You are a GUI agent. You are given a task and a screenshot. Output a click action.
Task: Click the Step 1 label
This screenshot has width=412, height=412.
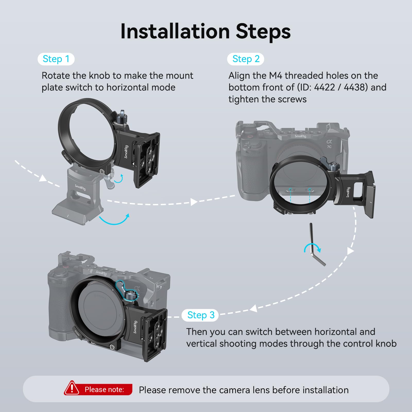tap(56, 59)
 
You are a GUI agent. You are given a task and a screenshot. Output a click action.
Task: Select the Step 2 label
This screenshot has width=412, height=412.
tap(246, 59)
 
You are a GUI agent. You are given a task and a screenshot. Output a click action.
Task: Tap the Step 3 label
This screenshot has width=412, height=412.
tap(200, 315)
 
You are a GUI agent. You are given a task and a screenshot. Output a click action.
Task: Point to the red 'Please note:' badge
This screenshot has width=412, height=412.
tap(98, 389)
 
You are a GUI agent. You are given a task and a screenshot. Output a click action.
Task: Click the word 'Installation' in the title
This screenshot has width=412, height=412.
tap(175, 31)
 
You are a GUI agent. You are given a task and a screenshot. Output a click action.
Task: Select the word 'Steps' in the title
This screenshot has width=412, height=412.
tap(263, 32)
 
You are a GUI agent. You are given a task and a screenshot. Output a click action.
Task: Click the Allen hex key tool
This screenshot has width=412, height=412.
tap(317, 245)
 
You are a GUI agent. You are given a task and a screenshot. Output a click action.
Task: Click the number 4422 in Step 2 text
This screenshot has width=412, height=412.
tap(324, 87)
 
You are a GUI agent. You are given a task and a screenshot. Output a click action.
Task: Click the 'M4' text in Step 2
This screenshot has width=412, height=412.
tap(276, 75)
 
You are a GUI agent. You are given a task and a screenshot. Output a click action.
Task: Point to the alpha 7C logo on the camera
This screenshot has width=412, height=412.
tap(329, 144)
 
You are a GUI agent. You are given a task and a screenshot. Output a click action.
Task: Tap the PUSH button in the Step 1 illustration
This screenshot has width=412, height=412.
tap(67, 157)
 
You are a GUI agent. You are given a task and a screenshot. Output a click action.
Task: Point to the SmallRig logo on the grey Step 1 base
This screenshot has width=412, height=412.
tap(80, 187)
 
